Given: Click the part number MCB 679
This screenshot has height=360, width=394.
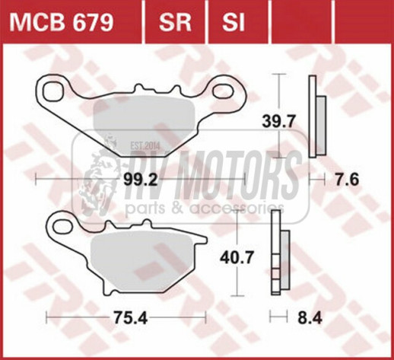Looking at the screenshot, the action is pyautogui.click(x=61, y=22).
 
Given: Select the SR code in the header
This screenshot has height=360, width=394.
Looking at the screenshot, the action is pyautogui.click(x=175, y=22).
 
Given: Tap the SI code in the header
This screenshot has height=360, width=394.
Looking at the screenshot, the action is pyautogui.click(x=234, y=22).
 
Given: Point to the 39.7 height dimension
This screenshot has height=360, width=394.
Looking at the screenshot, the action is pyautogui.click(x=278, y=122).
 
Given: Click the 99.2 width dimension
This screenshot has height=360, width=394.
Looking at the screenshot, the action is pyautogui.click(x=140, y=180).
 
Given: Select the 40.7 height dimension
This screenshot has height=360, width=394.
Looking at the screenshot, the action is pyautogui.click(x=237, y=258).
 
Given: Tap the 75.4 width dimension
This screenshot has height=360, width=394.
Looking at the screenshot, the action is pyautogui.click(x=130, y=317).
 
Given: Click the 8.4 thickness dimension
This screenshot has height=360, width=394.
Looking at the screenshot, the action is pyautogui.click(x=310, y=317).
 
